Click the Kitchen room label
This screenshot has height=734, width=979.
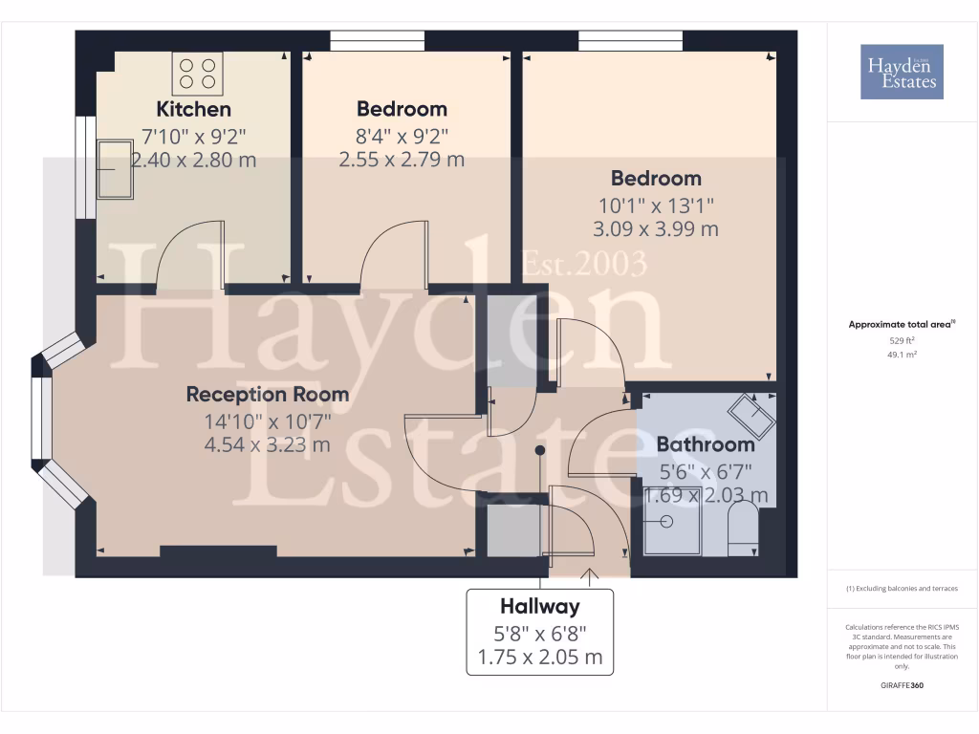point(194,109)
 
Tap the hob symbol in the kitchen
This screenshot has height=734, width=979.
point(196,74)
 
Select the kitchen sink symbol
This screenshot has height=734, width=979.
point(114,168)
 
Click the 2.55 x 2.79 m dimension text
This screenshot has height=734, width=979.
point(402,160)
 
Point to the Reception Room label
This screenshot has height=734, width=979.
point(267,394)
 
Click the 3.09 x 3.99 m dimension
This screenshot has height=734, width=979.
point(656,229)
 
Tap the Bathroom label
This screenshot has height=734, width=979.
point(706,444)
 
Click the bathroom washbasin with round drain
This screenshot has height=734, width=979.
point(666,524)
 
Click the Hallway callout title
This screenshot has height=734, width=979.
point(540,606)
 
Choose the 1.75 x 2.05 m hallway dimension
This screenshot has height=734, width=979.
point(540,658)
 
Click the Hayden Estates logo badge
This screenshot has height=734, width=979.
point(902,72)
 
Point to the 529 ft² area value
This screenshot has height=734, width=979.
point(902,340)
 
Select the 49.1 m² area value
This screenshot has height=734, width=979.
point(902,354)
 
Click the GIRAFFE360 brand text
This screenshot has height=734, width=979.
point(902,685)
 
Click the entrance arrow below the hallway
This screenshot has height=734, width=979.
point(589,575)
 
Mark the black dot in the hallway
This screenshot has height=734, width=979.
point(540,449)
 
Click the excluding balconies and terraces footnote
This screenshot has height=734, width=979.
point(902,589)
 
